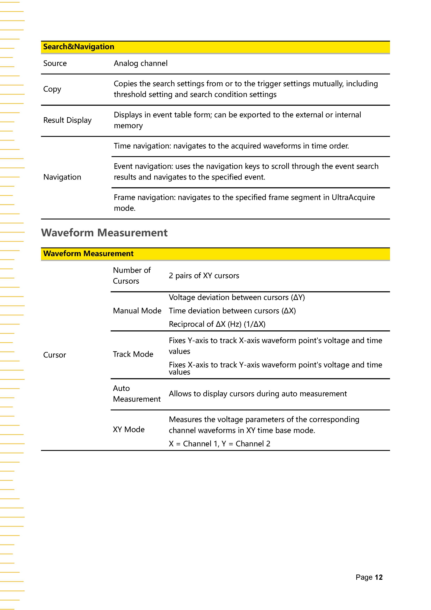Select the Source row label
click(55, 63)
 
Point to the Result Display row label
click(67, 120)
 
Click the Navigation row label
click(62, 177)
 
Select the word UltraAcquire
click(353, 197)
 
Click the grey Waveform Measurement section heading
click(104, 233)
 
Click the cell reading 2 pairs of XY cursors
click(204, 276)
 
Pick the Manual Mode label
click(137, 311)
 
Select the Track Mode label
click(133, 354)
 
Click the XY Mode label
click(129, 430)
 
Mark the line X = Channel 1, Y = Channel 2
click(219, 444)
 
